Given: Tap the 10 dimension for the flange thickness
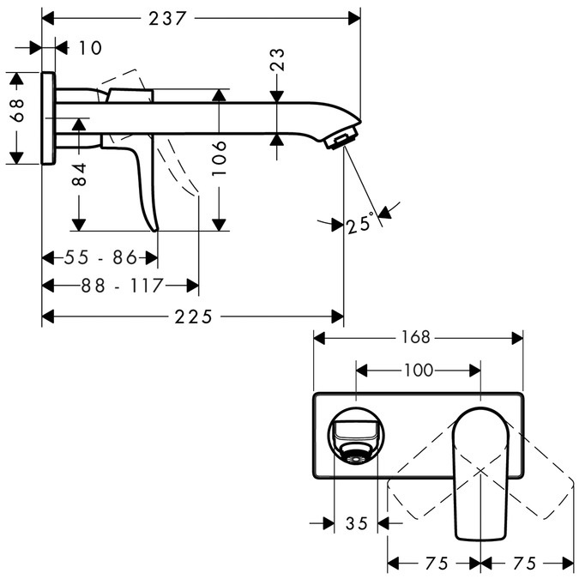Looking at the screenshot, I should pyautogui.click(x=88, y=48).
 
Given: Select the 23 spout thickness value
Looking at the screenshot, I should pyautogui.click(x=278, y=59).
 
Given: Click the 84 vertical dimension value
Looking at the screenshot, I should pyautogui.click(x=79, y=175).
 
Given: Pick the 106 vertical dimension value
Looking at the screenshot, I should pyautogui.click(x=220, y=159).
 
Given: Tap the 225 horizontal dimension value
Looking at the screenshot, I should pyautogui.click(x=193, y=317).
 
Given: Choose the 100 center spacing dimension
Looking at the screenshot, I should pyautogui.click(x=417, y=371).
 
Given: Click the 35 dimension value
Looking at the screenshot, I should pyautogui.click(x=356, y=522).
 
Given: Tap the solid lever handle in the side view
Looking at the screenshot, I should pyautogui.click(x=142, y=180).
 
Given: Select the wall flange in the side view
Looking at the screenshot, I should pyautogui.click(x=49, y=118).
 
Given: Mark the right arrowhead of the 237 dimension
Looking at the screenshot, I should pyautogui.click(x=354, y=18).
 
